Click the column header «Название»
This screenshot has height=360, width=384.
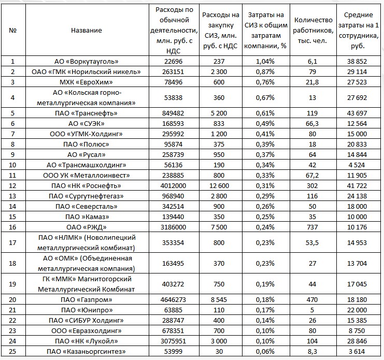(x=86, y=30)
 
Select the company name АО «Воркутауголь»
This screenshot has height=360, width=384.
(x=87, y=61)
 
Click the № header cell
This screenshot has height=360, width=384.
(x=13, y=30)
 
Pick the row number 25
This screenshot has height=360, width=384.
(x=13, y=351)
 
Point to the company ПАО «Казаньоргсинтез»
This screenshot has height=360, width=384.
(x=87, y=351)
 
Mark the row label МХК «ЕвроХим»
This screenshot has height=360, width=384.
(x=87, y=82)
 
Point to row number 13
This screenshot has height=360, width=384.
(x=13, y=196)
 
